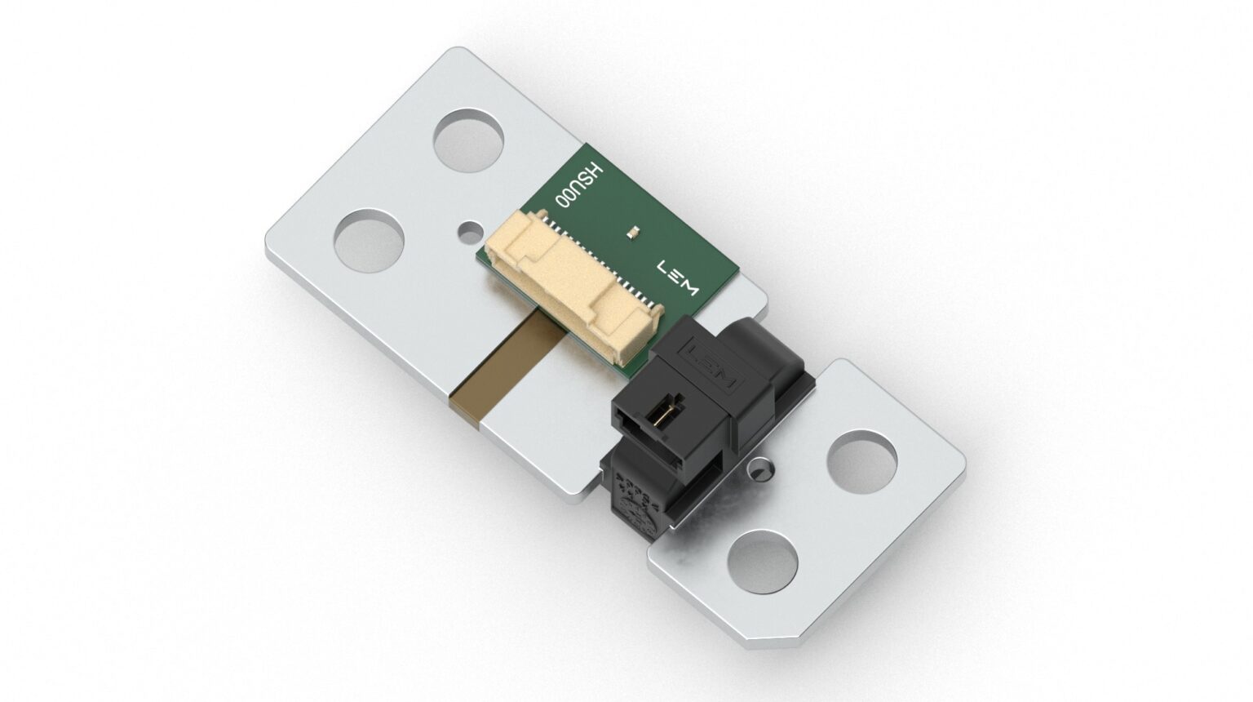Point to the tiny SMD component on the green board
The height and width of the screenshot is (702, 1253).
pyautogui.click(x=633, y=233)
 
